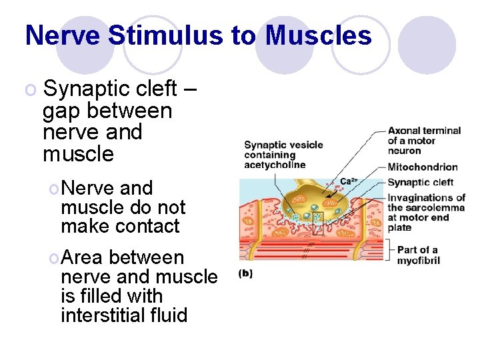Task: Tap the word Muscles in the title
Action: click(x=319, y=35)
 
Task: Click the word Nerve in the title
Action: click(x=63, y=35)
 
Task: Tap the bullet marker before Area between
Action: click(x=53, y=258)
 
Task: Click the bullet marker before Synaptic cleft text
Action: click(x=31, y=89)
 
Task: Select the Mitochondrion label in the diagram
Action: click(x=423, y=167)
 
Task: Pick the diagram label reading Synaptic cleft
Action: click(x=420, y=182)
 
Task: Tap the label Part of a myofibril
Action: click(x=418, y=255)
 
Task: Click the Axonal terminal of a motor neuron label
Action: click(x=424, y=141)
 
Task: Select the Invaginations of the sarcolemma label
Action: click(x=426, y=212)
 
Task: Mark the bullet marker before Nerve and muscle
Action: click(x=53, y=189)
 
